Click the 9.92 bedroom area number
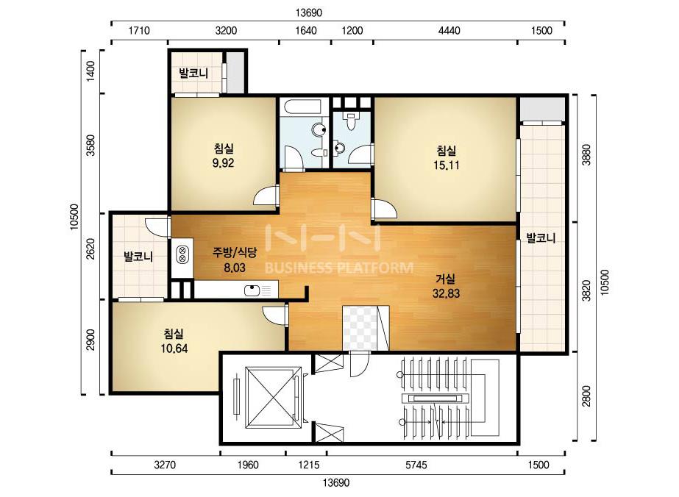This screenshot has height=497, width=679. tap(223, 163)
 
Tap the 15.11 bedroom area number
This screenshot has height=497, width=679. tap(446, 165)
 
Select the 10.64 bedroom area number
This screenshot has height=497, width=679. tap(174, 348)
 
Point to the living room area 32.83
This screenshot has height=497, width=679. tap(446, 293)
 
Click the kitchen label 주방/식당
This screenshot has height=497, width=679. tap(235, 252)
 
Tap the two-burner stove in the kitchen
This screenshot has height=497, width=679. tap(182, 254)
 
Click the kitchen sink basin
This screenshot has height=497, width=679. tap(252, 290)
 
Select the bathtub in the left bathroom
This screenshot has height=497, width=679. tap(301, 107)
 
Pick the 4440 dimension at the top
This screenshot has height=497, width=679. tap(449, 31)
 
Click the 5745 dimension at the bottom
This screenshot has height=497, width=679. tap(416, 465)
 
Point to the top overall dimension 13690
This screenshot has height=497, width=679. tap(309, 12)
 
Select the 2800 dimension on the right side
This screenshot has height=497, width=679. tap(586, 396)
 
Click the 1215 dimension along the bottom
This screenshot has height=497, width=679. tap(309, 465)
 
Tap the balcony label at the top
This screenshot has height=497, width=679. tap(193, 73)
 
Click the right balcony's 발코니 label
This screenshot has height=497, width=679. tap(541, 237)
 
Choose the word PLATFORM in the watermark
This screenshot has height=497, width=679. tap(376, 268)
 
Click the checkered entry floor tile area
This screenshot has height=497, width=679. tap(360, 328)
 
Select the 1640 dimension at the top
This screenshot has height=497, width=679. tap(306, 31)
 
